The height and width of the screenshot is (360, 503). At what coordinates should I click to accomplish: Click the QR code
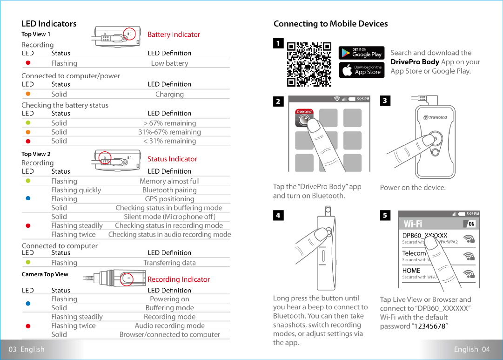[x=309, y=65]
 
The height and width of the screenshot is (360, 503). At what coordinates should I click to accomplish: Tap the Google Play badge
[x=362, y=53]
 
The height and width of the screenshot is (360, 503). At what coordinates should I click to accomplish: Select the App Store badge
[x=362, y=70]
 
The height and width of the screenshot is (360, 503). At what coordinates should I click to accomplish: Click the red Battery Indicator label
[x=174, y=34]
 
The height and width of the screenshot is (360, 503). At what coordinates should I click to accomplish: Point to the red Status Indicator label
[x=172, y=159]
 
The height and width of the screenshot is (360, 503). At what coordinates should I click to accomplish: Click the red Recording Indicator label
[x=179, y=279]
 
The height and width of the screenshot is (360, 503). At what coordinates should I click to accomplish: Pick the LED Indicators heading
[x=49, y=24]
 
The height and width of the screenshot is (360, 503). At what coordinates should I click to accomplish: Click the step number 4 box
[x=278, y=215]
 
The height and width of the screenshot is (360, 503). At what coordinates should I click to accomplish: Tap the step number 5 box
[x=385, y=215]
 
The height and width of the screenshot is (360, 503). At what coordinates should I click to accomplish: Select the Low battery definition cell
[x=169, y=63]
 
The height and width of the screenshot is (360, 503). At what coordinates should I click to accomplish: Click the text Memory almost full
[x=169, y=181]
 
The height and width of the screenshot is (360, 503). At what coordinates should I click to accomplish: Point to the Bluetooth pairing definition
[x=169, y=190]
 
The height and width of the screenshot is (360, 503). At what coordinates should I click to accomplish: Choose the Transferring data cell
[x=169, y=263]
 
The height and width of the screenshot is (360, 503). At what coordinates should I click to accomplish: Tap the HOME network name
[x=411, y=270]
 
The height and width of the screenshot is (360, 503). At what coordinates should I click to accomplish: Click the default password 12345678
[x=429, y=326]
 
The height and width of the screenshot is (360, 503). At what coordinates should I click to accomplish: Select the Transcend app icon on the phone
[x=304, y=119]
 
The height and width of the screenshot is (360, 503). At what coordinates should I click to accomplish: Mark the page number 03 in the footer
[x=12, y=349]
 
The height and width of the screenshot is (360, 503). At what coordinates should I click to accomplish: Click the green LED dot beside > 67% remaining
[x=28, y=123]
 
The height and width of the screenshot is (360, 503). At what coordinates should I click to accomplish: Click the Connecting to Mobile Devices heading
[x=330, y=24]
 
